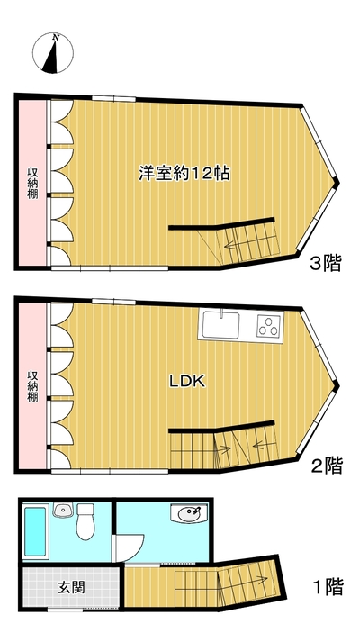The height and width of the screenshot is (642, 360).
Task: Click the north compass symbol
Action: pos(53,53)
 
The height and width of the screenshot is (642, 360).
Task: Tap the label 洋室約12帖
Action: pos(184,174)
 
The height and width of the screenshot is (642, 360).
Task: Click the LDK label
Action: pos(187,382)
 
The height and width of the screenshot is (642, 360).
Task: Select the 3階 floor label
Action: pos(326,263)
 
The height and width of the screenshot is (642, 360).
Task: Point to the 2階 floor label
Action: pos(327,466)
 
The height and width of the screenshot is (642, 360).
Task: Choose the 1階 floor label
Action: pos(328,587)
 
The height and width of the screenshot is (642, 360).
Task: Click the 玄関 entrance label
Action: pos(71,588)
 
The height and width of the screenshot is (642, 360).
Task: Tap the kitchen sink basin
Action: pos(220,326)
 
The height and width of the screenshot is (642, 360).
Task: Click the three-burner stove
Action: pos(270,326)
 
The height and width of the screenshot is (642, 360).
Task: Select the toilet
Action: pos(85,521)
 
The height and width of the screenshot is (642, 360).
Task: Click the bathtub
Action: pos(35,532)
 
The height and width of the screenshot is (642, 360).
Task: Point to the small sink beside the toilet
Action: pos(63,511)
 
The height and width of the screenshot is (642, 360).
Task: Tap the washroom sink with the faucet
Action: pos(189,513)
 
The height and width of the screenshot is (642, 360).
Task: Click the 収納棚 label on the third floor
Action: pos(33,183)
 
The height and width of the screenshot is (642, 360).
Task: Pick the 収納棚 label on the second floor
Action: pos(33,386)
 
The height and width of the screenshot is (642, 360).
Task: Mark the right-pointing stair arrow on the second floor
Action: pos(221,449)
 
